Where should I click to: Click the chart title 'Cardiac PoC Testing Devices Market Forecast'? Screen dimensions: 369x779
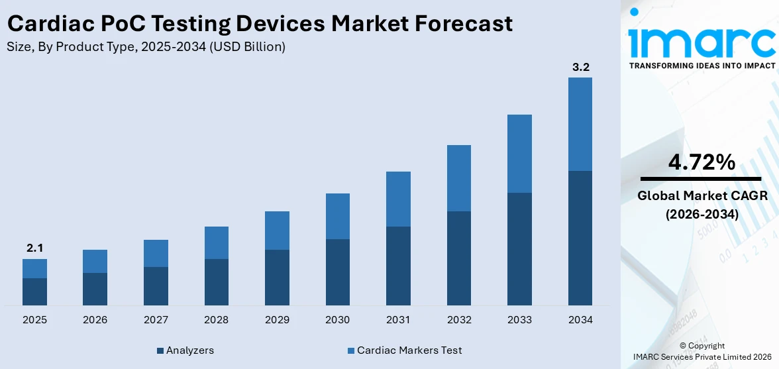click(260, 24)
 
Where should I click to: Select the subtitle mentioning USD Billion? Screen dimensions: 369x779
click(146, 47)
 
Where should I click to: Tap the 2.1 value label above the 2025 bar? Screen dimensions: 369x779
click(34, 248)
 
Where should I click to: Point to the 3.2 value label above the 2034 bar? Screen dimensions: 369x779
click(580, 67)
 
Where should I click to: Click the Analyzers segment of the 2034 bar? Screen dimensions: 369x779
click(580, 238)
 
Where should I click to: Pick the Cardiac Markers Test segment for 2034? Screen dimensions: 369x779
click(580, 124)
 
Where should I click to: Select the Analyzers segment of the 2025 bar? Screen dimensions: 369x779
click(34, 291)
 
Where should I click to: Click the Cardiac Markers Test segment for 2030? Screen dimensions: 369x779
click(338, 216)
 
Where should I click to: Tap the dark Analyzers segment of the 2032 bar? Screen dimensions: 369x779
click(459, 258)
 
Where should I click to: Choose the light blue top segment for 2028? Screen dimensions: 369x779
click(217, 242)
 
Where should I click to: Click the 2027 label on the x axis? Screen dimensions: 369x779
click(156, 320)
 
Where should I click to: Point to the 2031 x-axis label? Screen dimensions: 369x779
click(398, 320)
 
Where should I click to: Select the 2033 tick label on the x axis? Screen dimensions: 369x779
click(519, 320)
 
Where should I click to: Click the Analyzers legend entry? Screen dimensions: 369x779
click(185, 350)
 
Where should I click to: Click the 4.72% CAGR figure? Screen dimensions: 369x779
click(701, 162)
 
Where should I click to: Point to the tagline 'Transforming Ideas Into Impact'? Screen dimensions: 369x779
click(701, 66)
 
